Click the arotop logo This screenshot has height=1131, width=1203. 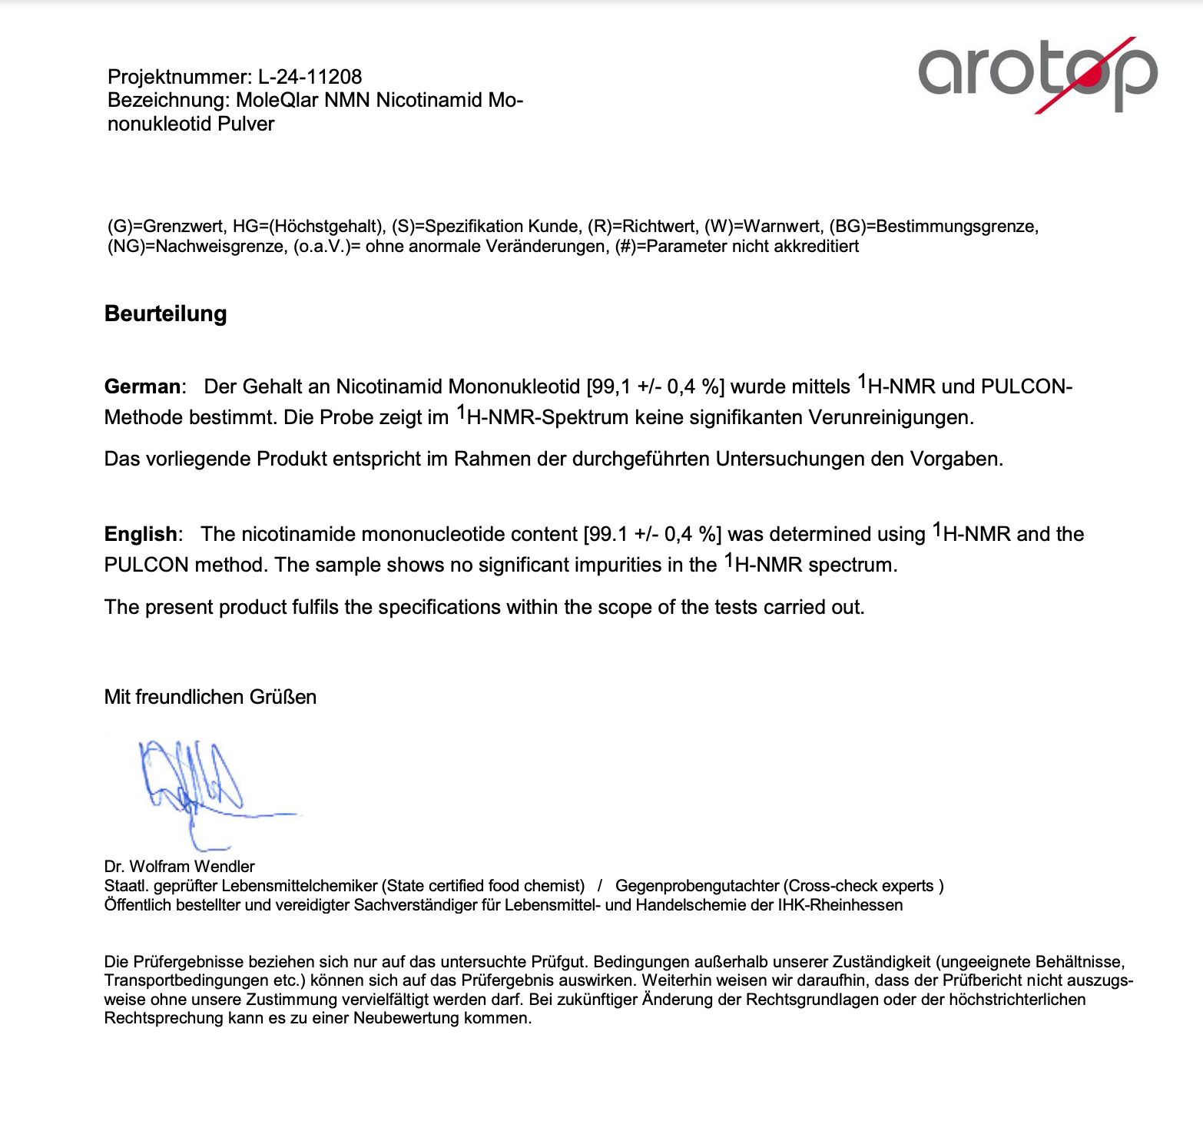click(x=1037, y=73)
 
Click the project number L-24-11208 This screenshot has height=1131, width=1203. click(x=310, y=77)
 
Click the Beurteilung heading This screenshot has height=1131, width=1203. click(x=166, y=314)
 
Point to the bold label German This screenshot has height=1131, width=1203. click(x=143, y=386)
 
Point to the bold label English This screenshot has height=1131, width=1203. click(x=141, y=534)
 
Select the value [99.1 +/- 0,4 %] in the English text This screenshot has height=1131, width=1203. click(x=652, y=534)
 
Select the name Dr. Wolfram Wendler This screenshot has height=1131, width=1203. click(x=180, y=867)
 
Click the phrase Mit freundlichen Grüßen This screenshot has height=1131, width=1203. click(x=210, y=697)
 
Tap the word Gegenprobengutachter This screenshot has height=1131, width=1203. click(x=696, y=886)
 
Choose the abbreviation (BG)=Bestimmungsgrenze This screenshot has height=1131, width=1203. click(x=933, y=227)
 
